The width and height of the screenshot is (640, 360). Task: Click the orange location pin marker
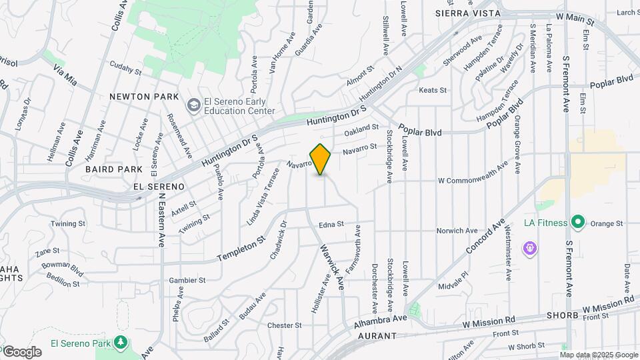pos(321,159)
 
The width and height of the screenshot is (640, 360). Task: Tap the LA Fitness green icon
pos(578,223)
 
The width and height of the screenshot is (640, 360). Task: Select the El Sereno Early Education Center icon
pos(194,105)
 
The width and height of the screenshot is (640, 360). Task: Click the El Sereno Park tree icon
pos(121,343)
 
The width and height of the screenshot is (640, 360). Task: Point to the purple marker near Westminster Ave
pos(531,249)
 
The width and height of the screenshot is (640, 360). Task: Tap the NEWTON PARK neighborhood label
pos(144,97)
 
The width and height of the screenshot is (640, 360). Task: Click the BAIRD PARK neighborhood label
pos(114,169)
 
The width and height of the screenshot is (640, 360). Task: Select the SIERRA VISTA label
pos(463,13)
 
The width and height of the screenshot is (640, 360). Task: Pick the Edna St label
pos(331,225)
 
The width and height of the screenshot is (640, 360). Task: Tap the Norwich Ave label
pos(457,231)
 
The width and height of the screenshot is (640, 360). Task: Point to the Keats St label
pos(433,90)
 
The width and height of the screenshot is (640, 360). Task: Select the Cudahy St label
pos(126,71)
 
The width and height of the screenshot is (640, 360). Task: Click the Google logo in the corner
pos(21,351)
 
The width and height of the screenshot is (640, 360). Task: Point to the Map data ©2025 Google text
pos(599,355)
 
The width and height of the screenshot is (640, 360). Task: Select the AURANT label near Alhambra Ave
pos(377,337)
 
